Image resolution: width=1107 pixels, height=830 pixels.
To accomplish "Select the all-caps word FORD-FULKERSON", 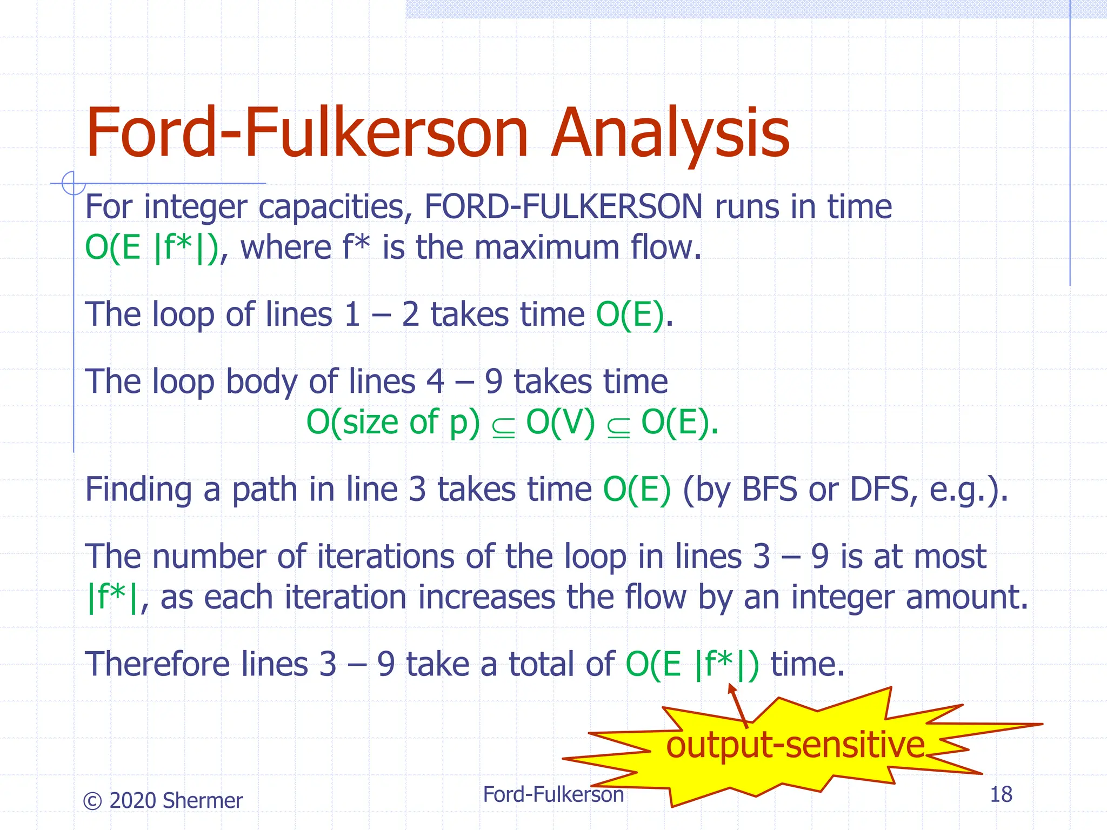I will click(563, 206).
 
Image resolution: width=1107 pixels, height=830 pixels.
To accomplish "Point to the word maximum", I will click(546, 247).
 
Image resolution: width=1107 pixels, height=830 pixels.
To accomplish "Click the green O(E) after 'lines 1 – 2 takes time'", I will click(630, 314).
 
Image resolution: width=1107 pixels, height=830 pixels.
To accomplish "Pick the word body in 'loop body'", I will click(262, 382).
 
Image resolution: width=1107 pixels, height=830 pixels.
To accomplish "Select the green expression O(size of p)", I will click(393, 422).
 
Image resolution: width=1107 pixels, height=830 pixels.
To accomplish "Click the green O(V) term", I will click(561, 422).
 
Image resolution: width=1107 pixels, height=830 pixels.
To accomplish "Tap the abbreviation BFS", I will click(769, 490).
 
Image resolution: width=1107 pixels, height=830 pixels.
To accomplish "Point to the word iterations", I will click(385, 557).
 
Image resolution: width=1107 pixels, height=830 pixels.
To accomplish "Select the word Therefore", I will click(157, 664).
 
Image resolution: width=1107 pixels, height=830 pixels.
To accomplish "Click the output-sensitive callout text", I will click(795, 745).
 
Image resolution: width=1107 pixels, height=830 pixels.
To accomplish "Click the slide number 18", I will click(1001, 795).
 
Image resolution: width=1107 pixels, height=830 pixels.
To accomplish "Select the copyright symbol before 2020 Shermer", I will click(92, 801).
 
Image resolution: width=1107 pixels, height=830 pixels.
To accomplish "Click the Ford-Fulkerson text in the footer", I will click(553, 795).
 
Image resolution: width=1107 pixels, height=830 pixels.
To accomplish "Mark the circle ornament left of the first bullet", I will click(73, 183).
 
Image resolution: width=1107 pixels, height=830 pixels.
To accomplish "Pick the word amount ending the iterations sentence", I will click(966, 597).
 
